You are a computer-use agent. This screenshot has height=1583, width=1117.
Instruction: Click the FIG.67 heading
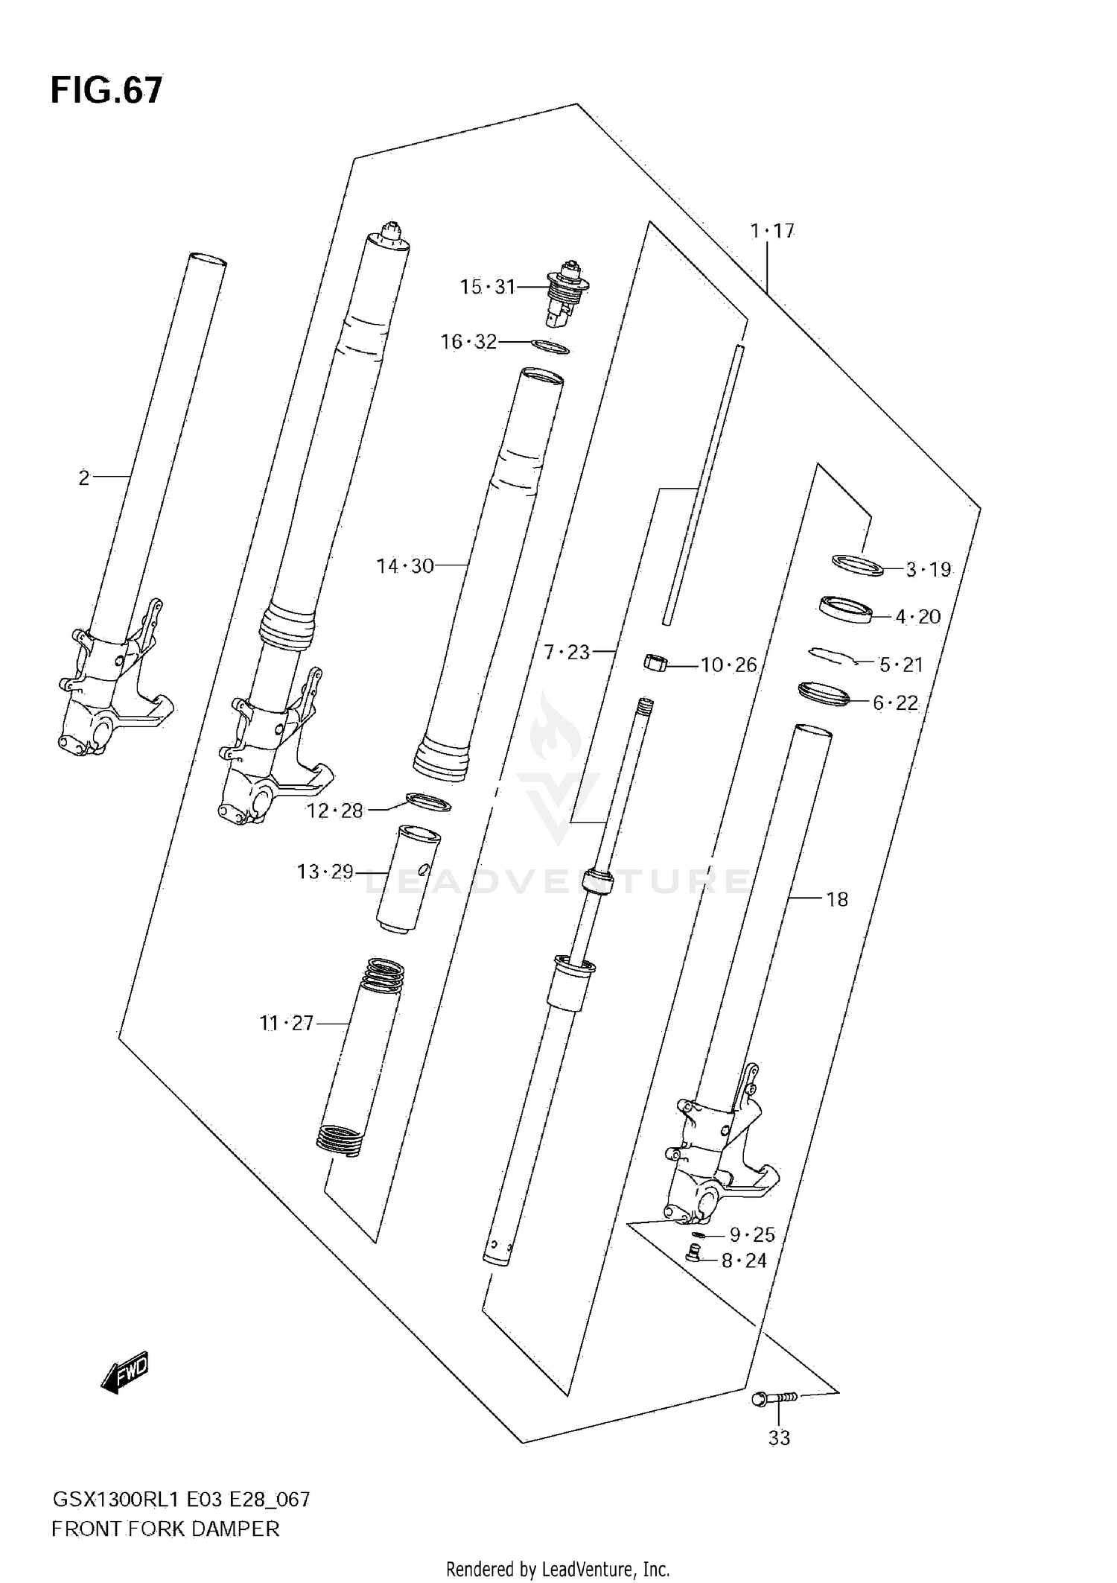click(x=106, y=90)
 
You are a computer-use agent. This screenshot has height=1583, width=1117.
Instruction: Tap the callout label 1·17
click(x=772, y=232)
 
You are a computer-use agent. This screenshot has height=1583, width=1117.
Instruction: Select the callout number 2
click(x=84, y=478)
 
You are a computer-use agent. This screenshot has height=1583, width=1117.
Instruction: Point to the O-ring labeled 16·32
click(x=552, y=346)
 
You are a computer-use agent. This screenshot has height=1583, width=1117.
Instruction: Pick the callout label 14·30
click(x=404, y=566)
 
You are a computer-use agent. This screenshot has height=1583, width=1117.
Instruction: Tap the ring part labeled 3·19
click(x=857, y=565)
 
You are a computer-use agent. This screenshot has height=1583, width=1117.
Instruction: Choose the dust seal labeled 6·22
click(x=824, y=694)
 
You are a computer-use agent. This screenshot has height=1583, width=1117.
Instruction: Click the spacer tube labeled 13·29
click(x=407, y=877)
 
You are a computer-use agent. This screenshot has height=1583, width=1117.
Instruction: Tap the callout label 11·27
click(x=287, y=1024)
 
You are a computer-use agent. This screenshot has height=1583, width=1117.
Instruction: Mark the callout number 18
click(x=837, y=900)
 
